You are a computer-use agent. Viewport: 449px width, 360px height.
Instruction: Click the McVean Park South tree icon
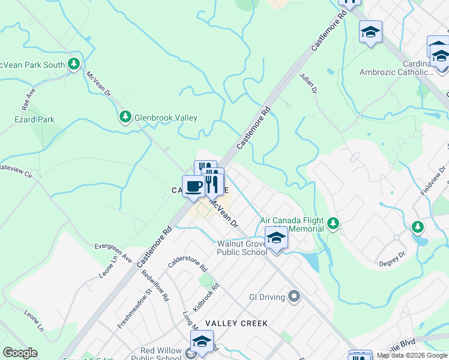(x=74, y=64)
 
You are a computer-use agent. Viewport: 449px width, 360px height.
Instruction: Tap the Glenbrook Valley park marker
(x=125, y=116)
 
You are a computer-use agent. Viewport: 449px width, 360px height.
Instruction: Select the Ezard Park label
(x=34, y=119)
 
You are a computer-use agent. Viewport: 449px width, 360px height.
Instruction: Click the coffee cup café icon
(x=193, y=187)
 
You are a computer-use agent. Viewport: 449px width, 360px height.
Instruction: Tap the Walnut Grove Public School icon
(x=276, y=238)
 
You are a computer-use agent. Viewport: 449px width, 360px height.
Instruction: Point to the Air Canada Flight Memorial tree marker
(x=333, y=224)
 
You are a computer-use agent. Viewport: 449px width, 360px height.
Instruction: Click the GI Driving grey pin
(x=294, y=296)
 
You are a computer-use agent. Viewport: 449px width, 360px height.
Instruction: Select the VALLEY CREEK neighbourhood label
(x=236, y=323)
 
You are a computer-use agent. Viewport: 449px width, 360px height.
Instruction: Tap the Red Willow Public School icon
(x=202, y=341)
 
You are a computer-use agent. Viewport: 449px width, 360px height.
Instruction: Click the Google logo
(x=20, y=353)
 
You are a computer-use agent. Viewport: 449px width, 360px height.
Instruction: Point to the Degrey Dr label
(x=393, y=263)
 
